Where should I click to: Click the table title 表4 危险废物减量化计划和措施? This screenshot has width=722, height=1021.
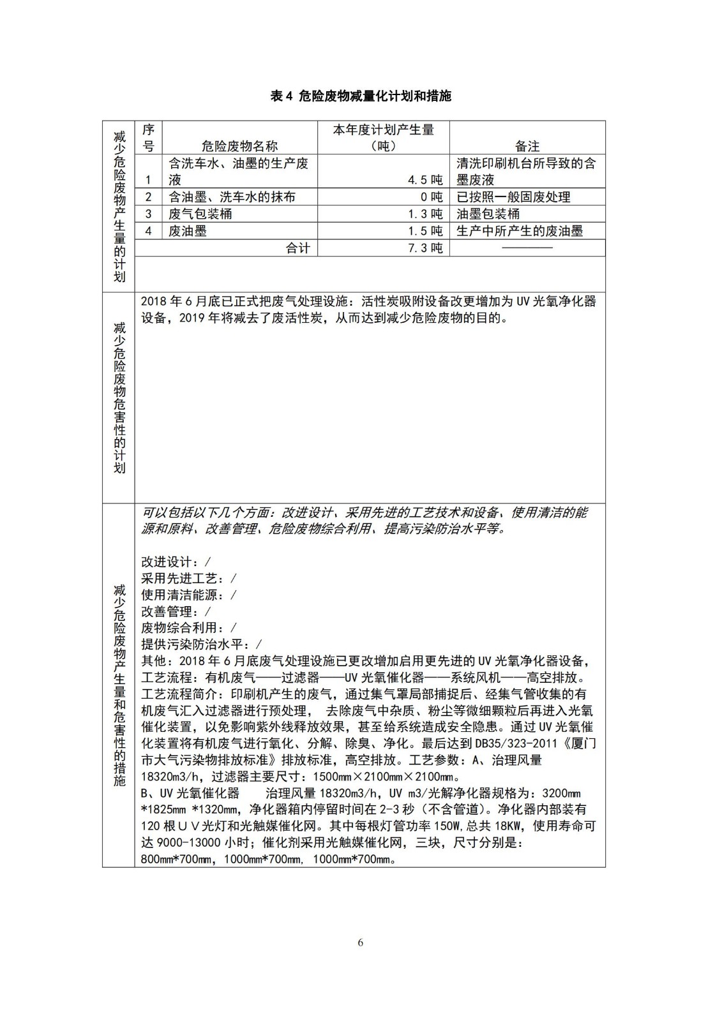361,96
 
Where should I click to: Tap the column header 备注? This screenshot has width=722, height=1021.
527,146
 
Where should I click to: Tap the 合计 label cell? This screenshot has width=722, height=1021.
297,248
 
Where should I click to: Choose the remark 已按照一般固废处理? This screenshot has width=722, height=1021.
513,197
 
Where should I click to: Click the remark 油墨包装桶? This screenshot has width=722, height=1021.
488,214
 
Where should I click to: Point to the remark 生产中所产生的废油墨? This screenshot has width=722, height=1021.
520,231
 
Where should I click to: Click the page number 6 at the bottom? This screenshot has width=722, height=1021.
361,943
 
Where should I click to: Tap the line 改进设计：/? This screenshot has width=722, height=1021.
176,562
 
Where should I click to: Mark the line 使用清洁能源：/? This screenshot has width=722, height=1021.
188,595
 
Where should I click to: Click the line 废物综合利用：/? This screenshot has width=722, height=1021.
188,628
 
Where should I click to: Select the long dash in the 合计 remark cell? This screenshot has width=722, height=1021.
527,248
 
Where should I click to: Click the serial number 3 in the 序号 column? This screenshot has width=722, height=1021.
149,214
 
